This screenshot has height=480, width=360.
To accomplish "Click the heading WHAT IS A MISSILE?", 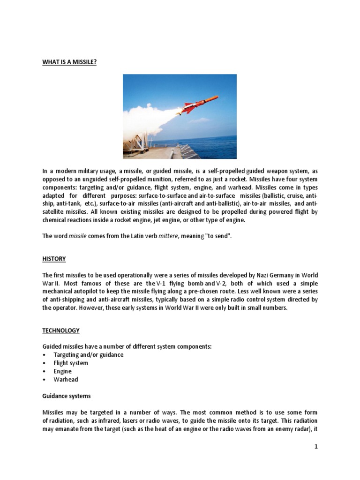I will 69,61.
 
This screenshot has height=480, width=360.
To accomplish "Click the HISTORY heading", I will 54,259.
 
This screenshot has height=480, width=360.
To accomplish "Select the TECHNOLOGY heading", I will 61,330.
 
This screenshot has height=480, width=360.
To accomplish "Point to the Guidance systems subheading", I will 67,396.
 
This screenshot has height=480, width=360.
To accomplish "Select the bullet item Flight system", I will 71,363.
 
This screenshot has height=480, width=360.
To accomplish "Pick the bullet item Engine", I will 62,371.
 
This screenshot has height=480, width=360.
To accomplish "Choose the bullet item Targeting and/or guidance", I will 88,355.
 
